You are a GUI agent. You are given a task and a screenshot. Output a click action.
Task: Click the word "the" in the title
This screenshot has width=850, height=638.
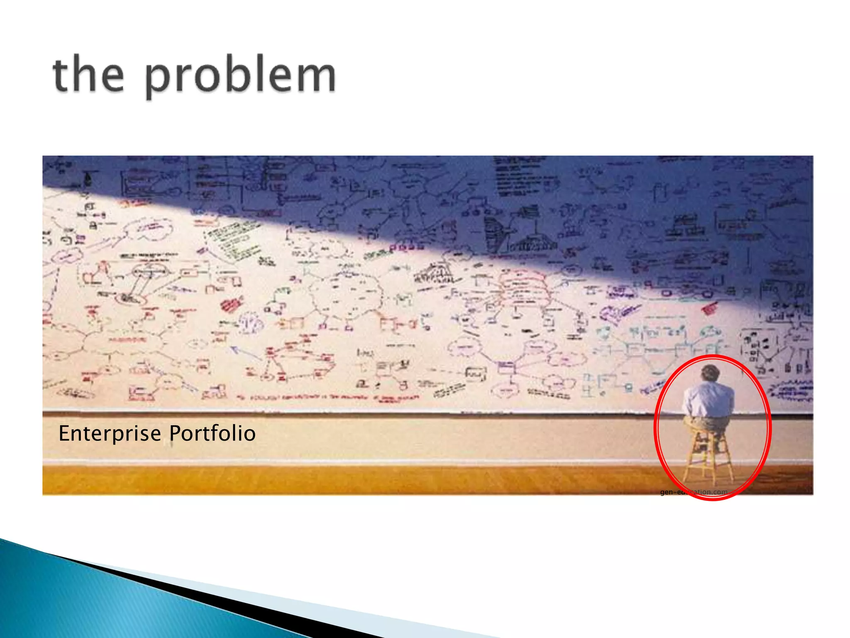[88, 75]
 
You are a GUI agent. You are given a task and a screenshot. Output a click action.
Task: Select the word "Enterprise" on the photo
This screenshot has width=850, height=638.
[110, 433]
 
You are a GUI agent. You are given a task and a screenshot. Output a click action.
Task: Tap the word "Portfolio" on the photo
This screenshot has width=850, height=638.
[212, 433]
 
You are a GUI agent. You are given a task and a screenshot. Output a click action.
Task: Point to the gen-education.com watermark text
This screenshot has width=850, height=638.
[694, 492]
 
